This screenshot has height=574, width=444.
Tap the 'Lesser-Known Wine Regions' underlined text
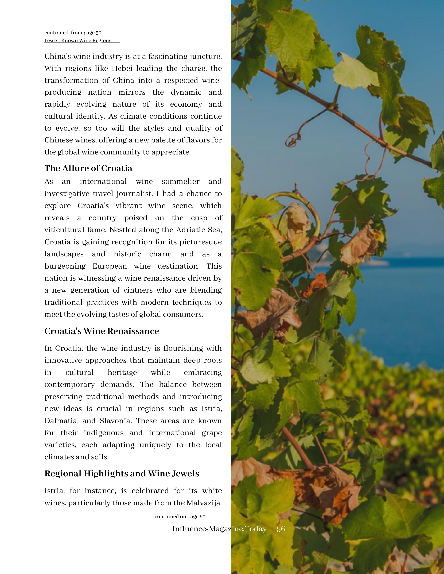(78, 41)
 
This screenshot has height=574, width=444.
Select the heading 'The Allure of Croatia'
(88, 168)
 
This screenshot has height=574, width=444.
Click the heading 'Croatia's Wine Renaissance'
(102, 331)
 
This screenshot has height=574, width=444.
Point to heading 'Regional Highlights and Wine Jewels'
(122, 474)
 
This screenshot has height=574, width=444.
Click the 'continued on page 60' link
(180, 517)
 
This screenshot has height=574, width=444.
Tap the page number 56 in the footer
(281, 529)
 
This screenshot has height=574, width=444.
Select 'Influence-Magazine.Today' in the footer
(219, 529)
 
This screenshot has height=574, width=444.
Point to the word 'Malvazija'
(203, 503)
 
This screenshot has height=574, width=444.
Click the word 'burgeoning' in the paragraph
(65, 266)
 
